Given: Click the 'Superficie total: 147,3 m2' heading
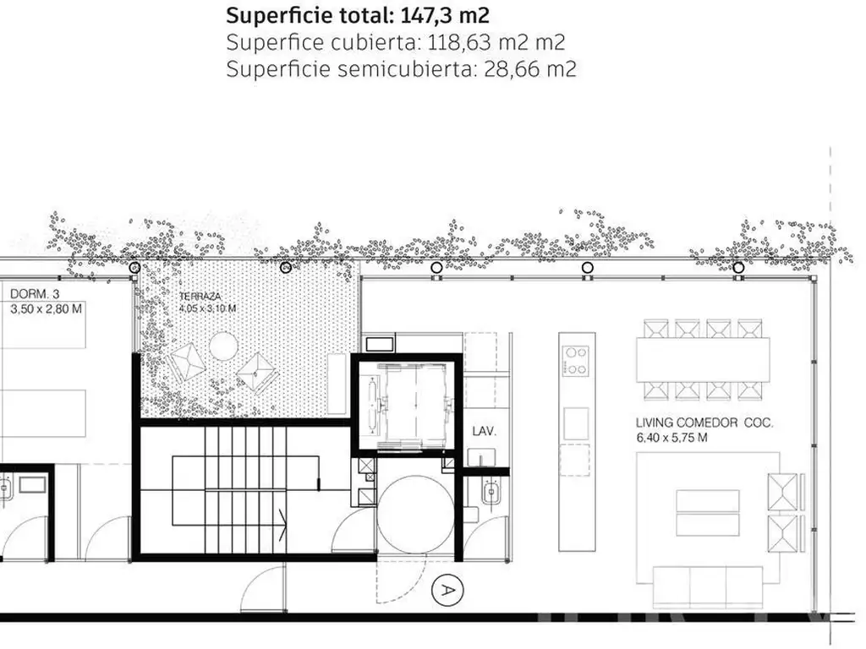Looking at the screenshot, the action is (358, 15).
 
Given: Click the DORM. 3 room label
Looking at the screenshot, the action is (35, 294).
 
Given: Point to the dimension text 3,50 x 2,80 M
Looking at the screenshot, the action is (46, 309).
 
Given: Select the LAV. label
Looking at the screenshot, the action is (484, 432).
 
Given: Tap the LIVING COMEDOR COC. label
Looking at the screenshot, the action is (704, 423).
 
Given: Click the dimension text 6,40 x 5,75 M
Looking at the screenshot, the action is (671, 439).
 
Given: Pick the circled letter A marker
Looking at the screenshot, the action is (447, 591).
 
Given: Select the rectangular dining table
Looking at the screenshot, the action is (703, 360).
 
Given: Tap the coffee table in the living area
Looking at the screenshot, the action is (708, 513).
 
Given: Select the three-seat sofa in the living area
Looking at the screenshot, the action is (708, 586).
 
